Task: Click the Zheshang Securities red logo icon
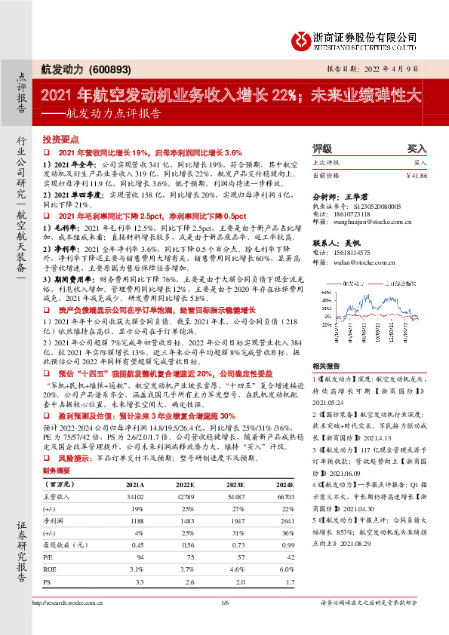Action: click(302, 38)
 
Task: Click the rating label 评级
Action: click(322, 149)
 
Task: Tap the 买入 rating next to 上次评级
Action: click(420, 162)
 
